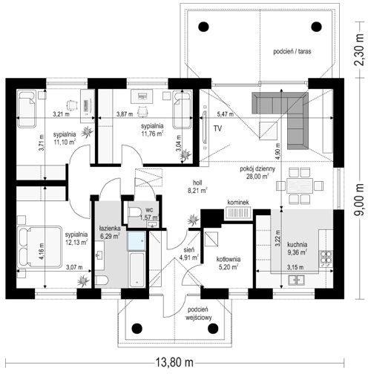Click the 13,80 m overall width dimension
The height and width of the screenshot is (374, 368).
click(174, 363)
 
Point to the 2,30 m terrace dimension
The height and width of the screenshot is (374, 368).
click(360, 50)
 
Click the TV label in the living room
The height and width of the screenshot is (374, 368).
click(217, 128)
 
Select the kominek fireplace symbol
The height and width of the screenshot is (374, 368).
click(238, 214)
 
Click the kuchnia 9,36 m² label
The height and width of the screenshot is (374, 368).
click(298, 248)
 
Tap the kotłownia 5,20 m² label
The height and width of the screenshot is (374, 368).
click(229, 263)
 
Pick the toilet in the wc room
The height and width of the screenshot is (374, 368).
click(134, 212)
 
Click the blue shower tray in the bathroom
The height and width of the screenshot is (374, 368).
click(137, 240)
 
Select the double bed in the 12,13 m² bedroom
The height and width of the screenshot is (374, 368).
click(39, 246)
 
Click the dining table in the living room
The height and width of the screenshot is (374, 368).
click(300, 186)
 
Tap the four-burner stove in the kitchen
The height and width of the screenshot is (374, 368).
click(326, 259)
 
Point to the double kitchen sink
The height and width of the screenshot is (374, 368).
click(296, 280)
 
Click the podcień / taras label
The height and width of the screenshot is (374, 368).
click(292, 51)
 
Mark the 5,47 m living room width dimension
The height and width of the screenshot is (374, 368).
click(226, 114)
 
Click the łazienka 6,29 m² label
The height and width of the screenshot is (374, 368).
click(110, 232)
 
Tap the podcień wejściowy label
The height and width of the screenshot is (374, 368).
click(198, 313)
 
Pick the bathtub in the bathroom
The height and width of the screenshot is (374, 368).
click(137, 269)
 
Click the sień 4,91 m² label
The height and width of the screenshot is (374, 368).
click(188, 254)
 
